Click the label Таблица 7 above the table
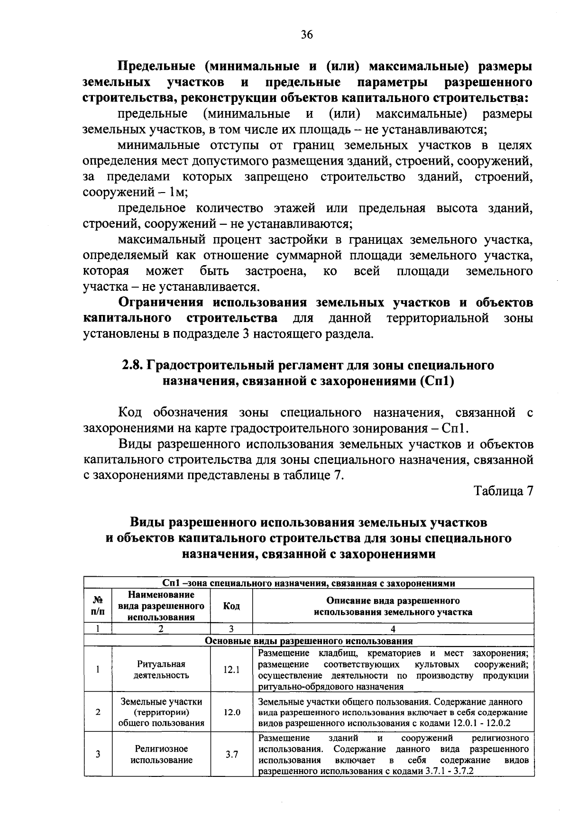[x=504, y=491]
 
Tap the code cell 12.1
[x=231, y=670]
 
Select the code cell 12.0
[x=231, y=712]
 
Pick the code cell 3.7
[x=231, y=754]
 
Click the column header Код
[x=231, y=606]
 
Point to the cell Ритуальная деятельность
[x=161, y=669]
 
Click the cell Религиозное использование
[x=161, y=754]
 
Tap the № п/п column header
[x=98, y=606]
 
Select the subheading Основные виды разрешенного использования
[x=308, y=641]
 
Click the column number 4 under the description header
[x=393, y=629]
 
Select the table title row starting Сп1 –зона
[x=308, y=583]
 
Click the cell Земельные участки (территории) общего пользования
[x=161, y=712]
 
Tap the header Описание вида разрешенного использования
[x=393, y=606]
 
